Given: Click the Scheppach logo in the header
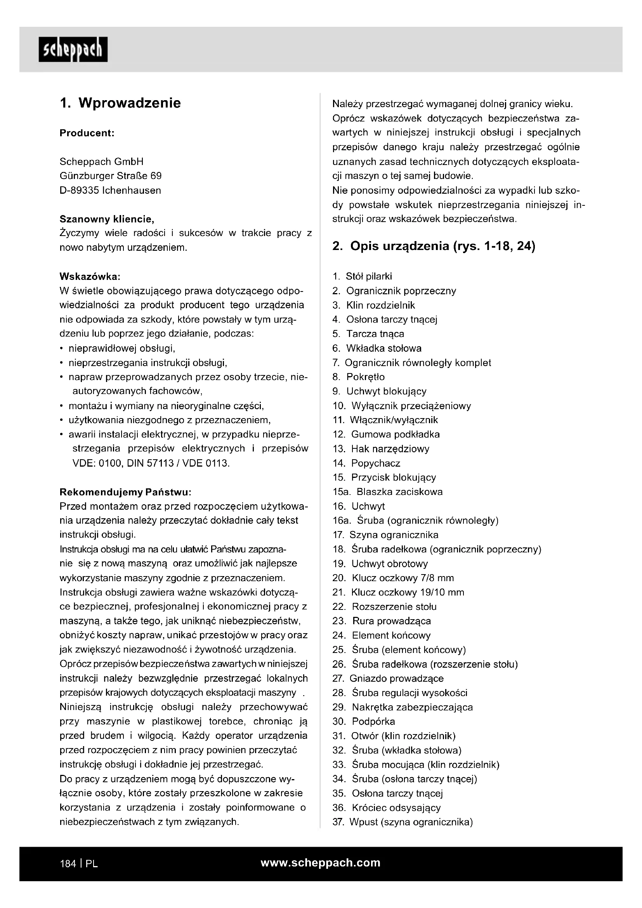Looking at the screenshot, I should [x=73, y=49].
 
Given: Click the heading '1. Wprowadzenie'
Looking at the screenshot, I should [x=120, y=103].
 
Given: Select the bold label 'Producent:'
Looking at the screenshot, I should [x=87, y=133].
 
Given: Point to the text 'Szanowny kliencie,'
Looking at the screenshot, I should [x=107, y=219].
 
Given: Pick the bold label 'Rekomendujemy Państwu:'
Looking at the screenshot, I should [x=125, y=492].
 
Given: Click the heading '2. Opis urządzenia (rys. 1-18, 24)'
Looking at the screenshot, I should [x=434, y=246].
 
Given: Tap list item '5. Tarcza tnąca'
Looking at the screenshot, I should [x=368, y=334].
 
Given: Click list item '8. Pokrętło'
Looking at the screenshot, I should [x=358, y=377].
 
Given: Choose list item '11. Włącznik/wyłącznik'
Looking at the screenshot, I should [x=385, y=420].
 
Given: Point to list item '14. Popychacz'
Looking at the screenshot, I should [x=366, y=463].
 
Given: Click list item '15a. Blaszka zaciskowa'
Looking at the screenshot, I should [x=387, y=491].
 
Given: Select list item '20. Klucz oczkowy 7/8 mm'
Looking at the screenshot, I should [x=393, y=578].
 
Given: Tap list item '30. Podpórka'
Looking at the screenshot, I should [x=363, y=721].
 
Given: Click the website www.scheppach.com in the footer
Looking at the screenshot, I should [x=321, y=863].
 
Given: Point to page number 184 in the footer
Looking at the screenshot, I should [x=68, y=864].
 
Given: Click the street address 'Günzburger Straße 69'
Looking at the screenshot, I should [x=110, y=176].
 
